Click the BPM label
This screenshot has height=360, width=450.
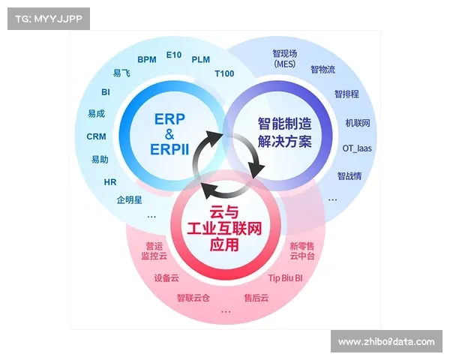click(146, 60)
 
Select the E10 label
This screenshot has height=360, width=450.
click(174, 55)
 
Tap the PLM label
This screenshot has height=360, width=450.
click(201, 59)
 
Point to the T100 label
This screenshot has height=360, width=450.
click(224, 74)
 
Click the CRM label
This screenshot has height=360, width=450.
click(96, 136)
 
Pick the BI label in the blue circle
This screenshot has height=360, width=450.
click(106, 92)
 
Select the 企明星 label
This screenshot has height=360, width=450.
click(129, 200)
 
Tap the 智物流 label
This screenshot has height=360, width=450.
click(322, 69)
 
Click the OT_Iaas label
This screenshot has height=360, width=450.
click(357, 148)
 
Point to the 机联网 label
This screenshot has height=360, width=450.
click(358, 122)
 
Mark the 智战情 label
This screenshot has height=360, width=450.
click(349, 176)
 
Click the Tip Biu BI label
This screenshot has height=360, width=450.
click(285, 277)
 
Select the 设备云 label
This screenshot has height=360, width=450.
click(166, 277)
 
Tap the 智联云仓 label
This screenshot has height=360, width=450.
click(193, 298)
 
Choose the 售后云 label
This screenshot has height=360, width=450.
click(256, 298)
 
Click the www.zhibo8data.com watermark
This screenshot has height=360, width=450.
click(386, 342)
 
